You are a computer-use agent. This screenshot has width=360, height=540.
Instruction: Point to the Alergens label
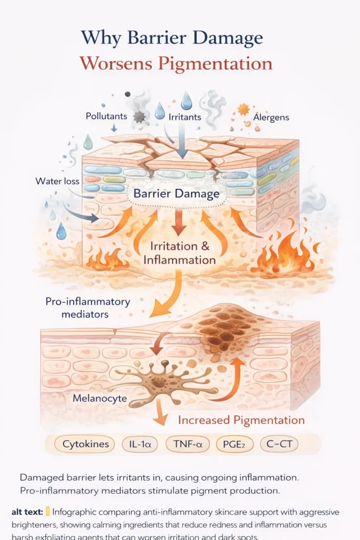(271, 117)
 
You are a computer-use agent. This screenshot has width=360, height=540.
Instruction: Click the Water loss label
(57, 181)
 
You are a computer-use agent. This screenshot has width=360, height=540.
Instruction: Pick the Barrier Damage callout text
(176, 194)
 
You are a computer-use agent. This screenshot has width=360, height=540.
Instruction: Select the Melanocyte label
(100, 398)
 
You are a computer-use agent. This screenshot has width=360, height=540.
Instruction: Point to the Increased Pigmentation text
(241, 420)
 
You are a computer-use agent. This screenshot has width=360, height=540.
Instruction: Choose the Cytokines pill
(86, 444)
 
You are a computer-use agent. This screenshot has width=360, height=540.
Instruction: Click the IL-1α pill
(140, 444)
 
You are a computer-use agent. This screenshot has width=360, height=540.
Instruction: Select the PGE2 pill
(235, 444)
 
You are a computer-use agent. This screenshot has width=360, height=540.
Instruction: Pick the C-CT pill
(279, 444)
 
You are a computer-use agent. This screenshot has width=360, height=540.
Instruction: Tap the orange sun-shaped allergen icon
(243, 110)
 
